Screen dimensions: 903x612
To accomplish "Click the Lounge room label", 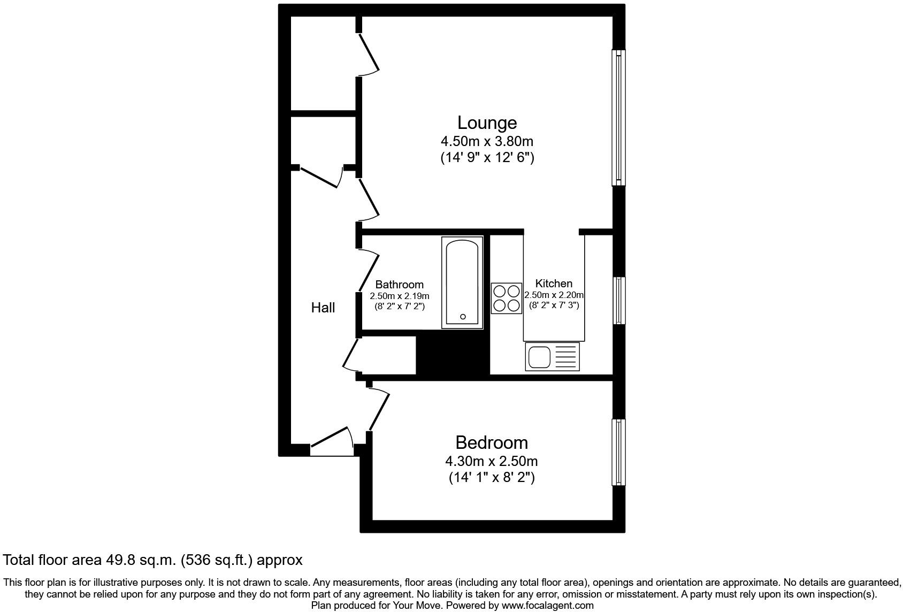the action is (x=487, y=123).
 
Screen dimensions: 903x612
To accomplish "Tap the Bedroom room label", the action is (x=492, y=442).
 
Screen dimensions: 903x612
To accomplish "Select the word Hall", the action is (x=323, y=308).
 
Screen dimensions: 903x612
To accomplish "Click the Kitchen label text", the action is (x=554, y=283).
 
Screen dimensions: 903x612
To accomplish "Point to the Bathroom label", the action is (x=399, y=285).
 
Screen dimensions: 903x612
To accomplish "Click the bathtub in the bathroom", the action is (x=462, y=282).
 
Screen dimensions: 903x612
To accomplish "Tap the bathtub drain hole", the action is (x=463, y=317).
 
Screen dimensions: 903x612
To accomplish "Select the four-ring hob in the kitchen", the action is (x=506, y=299).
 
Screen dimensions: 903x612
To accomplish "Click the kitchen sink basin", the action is (x=539, y=357).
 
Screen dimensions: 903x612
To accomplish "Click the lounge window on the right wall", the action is (x=618, y=117).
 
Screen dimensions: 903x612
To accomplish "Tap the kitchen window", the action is (x=619, y=300).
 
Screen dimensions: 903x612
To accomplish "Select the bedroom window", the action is (x=618, y=453).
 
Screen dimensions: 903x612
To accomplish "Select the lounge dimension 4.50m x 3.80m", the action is (x=487, y=142).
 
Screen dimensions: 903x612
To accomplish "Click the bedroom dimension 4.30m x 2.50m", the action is (x=492, y=461).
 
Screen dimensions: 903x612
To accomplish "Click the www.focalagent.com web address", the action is (x=547, y=605).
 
